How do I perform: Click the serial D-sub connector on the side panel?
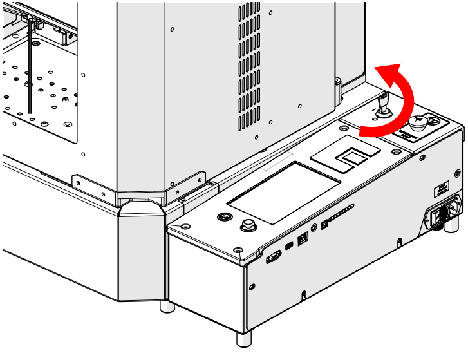pyautogui.click(x=273, y=257)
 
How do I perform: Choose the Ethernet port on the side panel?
pyautogui.click(x=303, y=237)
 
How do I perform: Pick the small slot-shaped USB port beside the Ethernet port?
pyautogui.click(x=289, y=245)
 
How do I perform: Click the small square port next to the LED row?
pyautogui.click(x=323, y=224)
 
